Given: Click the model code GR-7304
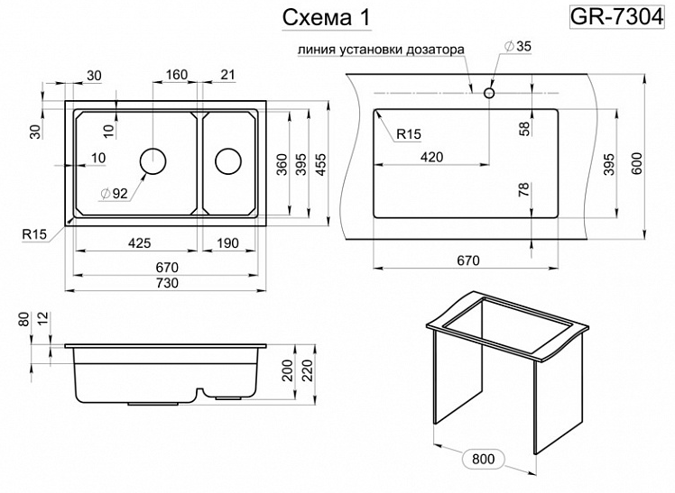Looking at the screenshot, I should click(621, 16).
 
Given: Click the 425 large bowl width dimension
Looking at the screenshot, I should click(138, 242).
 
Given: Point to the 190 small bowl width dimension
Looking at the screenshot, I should click(230, 242).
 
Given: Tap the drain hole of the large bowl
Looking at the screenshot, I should click(153, 160).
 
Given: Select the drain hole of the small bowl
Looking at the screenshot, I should click(227, 160).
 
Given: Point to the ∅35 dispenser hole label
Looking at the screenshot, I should click(521, 47).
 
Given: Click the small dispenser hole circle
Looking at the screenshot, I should click(489, 92).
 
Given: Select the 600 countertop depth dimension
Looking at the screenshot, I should click(637, 162).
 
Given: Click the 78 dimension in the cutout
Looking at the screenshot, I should click(524, 189).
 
